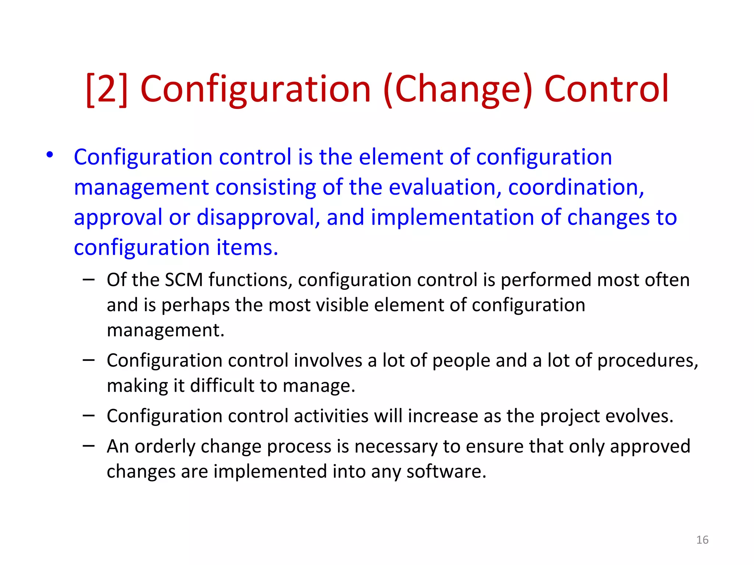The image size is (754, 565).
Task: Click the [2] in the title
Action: (x=107, y=89)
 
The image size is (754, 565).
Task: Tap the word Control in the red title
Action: (x=606, y=89)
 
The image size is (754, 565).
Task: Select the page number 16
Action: (x=702, y=540)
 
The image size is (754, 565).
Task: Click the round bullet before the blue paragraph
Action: (x=50, y=155)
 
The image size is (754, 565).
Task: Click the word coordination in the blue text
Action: (x=576, y=187)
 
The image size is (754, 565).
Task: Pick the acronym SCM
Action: (x=184, y=280)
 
